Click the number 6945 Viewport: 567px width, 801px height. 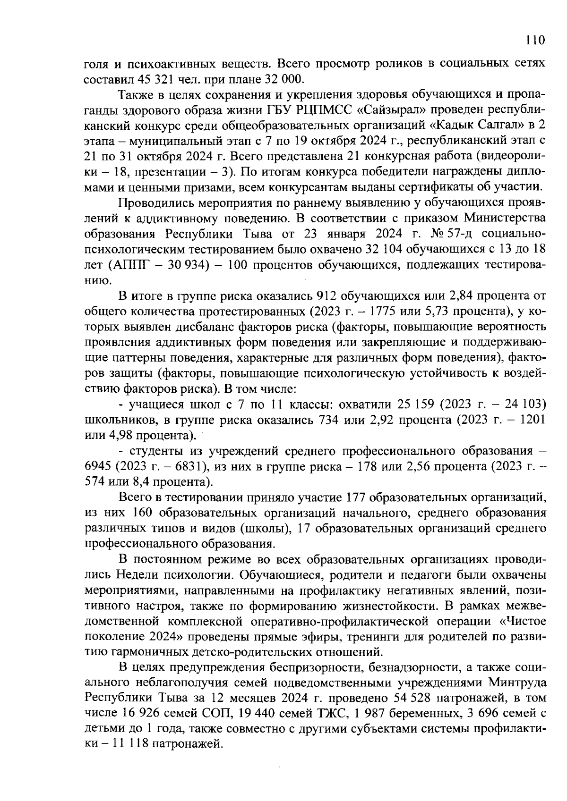click(99, 467)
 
